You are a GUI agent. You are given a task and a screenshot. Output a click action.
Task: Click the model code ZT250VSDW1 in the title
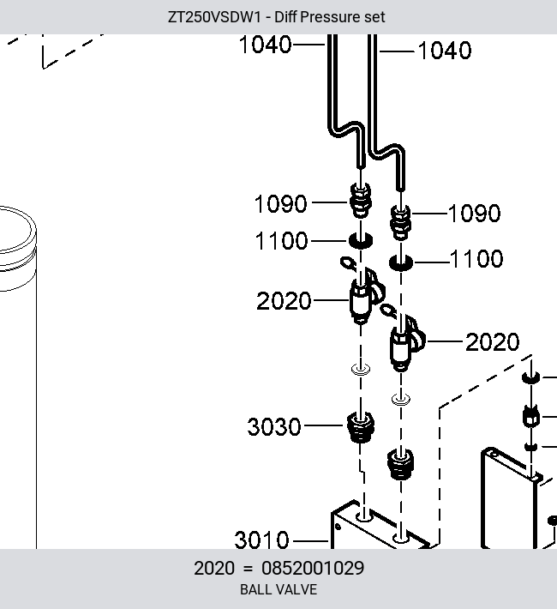tap(214, 17)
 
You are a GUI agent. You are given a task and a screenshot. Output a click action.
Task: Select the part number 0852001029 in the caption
tap(313, 568)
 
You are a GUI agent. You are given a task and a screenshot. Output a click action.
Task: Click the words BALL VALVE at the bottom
tap(278, 589)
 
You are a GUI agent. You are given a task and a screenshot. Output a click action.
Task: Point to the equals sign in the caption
tap(248, 569)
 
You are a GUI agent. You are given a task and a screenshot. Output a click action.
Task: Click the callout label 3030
tap(274, 426)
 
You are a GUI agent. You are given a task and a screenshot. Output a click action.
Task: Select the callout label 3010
tap(261, 540)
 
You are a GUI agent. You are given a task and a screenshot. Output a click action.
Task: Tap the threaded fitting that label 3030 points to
tap(360, 427)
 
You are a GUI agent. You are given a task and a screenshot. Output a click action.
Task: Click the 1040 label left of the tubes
tap(266, 45)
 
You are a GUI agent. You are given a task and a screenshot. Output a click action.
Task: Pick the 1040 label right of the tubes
tap(445, 51)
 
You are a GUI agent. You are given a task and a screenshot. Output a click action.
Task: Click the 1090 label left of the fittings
tap(280, 203)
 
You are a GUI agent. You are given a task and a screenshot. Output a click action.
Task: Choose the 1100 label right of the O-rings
tap(476, 259)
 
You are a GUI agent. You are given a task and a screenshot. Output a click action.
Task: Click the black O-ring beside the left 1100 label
tap(361, 240)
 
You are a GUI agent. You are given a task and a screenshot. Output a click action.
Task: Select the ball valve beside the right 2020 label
tap(404, 340)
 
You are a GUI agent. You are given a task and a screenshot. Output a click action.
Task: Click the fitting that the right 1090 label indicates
tap(400, 222)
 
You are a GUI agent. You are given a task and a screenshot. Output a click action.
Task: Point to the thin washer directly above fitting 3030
tap(361, 369)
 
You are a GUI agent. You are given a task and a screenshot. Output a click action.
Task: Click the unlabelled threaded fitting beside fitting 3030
tap(400, 464)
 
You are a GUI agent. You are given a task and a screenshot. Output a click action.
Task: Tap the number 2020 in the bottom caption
tap(214, 568)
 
